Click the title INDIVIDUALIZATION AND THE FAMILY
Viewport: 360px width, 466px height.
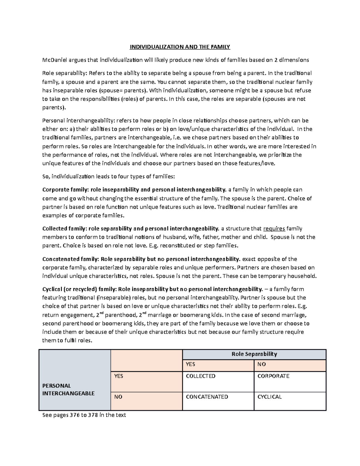pyautogui.click(x=180, y=47)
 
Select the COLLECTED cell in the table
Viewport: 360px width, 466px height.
pyautogui.click(x=201, y=376)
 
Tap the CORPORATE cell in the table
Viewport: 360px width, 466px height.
pyautogui.click(x=273, y=376)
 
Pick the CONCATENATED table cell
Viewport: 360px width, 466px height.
pyautogui.click(x=207, y=397)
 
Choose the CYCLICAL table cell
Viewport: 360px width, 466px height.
pyautogui.click(x=269, y=397)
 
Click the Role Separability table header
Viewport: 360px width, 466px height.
pyautogui.click(x=254, y=354)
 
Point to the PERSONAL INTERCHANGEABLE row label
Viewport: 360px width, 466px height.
pyautogui.click(x=68, y=389)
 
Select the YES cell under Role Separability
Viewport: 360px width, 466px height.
pyautogui.click(x=190, y=364)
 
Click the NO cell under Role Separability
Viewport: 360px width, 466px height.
pyautogui.click(x=262, y=364)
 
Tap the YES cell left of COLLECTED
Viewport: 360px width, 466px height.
pyautogui.click(x=118, y=376)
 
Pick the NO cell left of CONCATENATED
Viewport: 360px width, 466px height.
pyautogui.click(x=118, y=397)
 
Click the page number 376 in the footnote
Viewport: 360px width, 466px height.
pyautogui.click(x=73, y=415)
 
